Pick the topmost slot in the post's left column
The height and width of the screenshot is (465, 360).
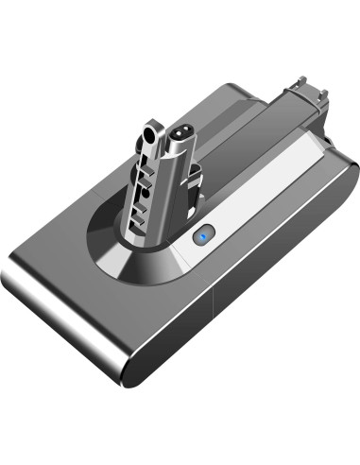[143, 166]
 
